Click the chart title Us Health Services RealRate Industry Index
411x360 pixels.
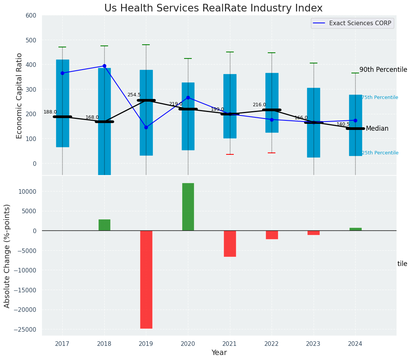[x=213, y=8]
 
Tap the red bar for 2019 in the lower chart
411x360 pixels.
[x=146, y=279]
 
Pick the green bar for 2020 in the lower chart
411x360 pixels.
[x=188, y=207]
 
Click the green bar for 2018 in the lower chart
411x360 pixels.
[x=104, y=225]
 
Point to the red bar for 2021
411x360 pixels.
[x=230, y=243]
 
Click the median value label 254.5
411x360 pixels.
[x=134, y=95]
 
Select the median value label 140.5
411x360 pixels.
[x=343, y=124]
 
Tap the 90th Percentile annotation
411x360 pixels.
[x=383, y=70]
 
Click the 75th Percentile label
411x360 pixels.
[x=380, y=97]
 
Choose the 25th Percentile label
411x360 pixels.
[x=380, y=153]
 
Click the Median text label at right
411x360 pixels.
[x=377, y=128]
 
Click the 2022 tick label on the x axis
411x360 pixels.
[x=272, y=344]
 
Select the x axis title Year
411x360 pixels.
[x=219, y=353]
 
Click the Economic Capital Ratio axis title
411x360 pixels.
[x=19, y=96]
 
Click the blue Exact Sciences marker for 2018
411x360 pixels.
[x=104, y=66]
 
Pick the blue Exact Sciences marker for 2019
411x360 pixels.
[x=146, y=127]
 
